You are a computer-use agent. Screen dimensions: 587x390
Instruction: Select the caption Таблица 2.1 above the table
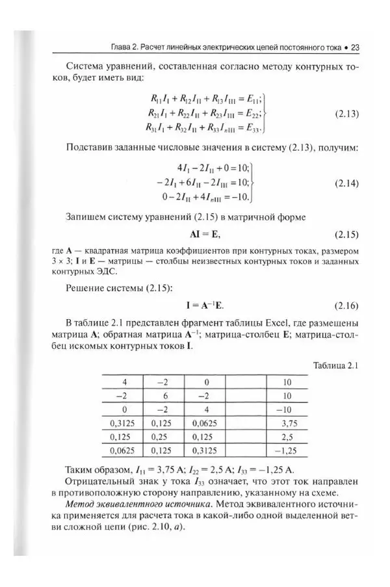[336, 366]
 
